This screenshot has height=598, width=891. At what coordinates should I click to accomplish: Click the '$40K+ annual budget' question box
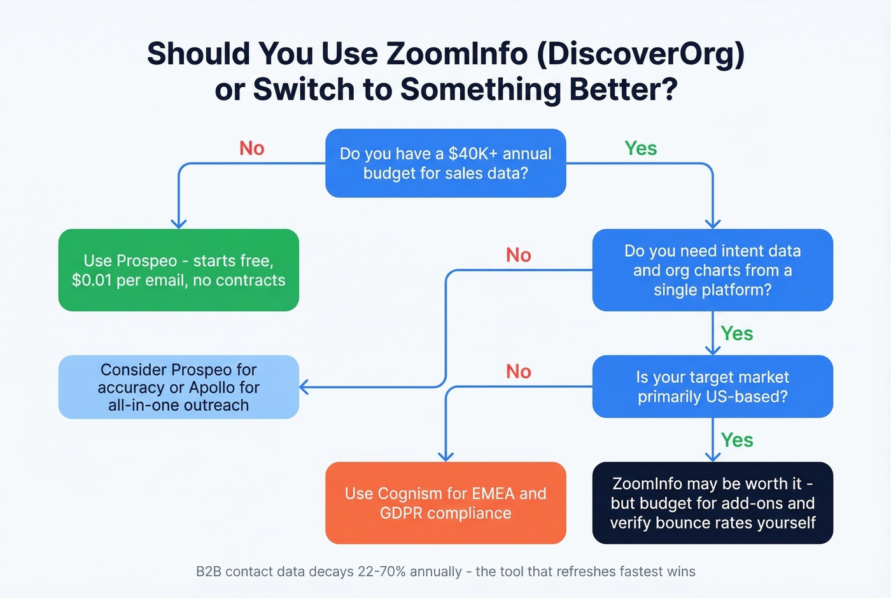pyautogui.click(x=445, y=163)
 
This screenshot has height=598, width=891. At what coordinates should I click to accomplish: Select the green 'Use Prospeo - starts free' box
pyautogui.click(x=178, y=270)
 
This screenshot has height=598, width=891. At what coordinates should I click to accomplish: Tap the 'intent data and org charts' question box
pyautogui.click(x=712, y=270)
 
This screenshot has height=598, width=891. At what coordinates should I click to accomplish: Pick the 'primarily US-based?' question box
pyautogui.click(x=712, y=387)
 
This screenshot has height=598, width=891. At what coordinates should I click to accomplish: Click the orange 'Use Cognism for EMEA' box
pyautogui.click(x=445, y=503)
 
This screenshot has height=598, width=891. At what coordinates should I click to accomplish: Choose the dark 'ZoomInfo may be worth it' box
pyautogui.click(x=712, y=503)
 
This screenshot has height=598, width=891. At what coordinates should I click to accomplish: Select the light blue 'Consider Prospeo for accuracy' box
pyautogui.click(x=178, y=387)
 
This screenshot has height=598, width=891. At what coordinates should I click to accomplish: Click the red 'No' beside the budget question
pyautogui.click(x=251, y=148)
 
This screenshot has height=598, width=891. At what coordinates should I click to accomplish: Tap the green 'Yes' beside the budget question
pyautogui.click(x=640, y=148)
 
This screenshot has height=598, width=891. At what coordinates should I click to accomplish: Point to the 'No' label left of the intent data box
pyautogui.click(x=518, y=255)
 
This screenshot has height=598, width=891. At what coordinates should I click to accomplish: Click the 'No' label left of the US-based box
pyautogui.click(x=518, y=372)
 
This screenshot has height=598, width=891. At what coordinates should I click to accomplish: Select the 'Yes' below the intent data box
pyautogui.click(x=737, y=334)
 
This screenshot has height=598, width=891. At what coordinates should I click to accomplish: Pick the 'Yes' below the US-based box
pyautogui.click(x=737, y=440)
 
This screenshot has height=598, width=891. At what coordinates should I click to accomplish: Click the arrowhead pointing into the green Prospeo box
pyautogui.click(x=179, y=224)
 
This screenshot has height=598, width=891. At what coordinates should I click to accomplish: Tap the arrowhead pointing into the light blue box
pyautogui.click(x=304, y=387)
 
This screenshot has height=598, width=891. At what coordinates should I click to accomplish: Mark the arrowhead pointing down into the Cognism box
pyautogui.click(x=445, y=456)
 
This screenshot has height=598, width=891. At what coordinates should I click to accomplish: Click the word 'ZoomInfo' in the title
pyautogui.click(x=457, y=53)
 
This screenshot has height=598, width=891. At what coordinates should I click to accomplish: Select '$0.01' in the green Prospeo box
pyautogui.click(x=92, y=280)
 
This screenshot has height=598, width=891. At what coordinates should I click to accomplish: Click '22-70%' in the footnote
pyautogui.click(x=382, y=571)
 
